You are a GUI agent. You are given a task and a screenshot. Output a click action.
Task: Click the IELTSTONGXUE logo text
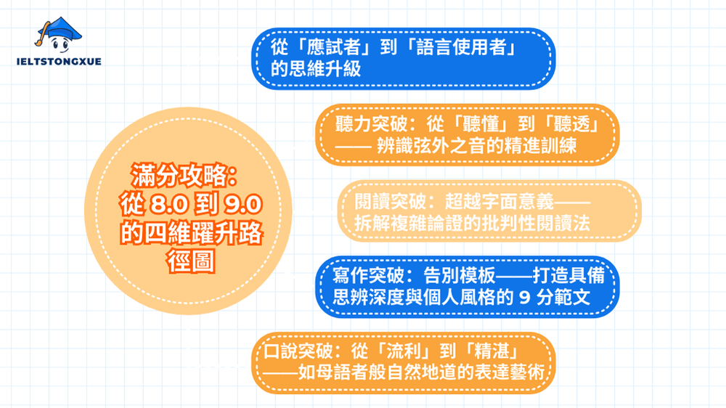tap(58, 61)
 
